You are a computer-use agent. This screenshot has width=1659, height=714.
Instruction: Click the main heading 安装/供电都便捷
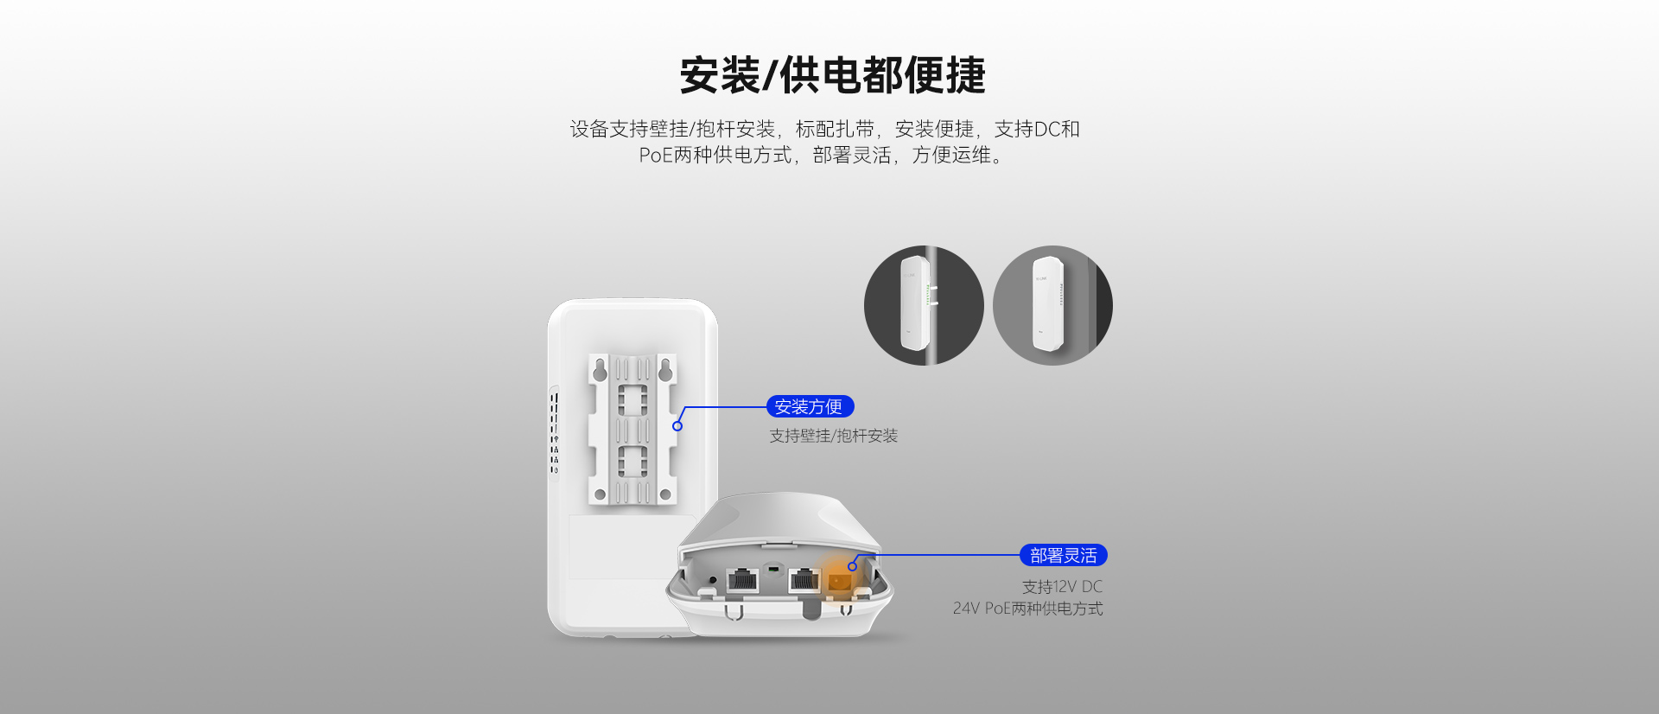[x=832, y=75]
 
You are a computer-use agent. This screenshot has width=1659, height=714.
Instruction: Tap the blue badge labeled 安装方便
[x=810, y=406]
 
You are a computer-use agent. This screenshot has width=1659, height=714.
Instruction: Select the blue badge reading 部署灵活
[x=1064, y=555]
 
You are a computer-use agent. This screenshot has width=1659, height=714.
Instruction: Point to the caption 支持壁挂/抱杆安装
[x=834, y=436]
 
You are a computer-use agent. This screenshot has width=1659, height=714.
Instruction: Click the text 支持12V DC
[x=1063, y=587]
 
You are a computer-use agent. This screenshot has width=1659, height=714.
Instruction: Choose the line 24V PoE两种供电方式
[x=1028, y=609]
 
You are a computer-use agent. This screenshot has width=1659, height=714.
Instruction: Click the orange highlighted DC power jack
[x=837, y=582]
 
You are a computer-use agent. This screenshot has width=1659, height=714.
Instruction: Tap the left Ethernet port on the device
[x=742, y=579]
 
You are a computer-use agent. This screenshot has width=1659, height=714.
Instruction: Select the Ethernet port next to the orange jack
[x=804, y=579]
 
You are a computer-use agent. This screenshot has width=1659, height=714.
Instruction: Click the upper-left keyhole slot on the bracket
[x=600, y=370]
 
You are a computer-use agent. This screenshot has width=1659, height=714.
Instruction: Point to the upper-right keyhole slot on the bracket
[x=665, y=370]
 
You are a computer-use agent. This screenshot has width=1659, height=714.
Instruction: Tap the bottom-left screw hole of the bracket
[x=600, y=495]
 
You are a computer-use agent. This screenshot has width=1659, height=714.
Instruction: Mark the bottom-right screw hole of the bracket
[x=665, y=495]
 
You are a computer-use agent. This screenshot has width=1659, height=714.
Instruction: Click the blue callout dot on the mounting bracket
[x=677, y=426]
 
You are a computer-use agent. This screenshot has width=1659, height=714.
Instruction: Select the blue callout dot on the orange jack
[x=852, y=566]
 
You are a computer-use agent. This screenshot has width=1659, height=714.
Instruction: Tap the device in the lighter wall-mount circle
[x=1048, y=303]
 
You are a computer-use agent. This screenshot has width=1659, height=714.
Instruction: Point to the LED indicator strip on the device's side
[x=555, y=432]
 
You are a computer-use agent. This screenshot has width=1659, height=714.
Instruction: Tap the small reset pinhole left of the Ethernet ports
[x=712, y=580]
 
